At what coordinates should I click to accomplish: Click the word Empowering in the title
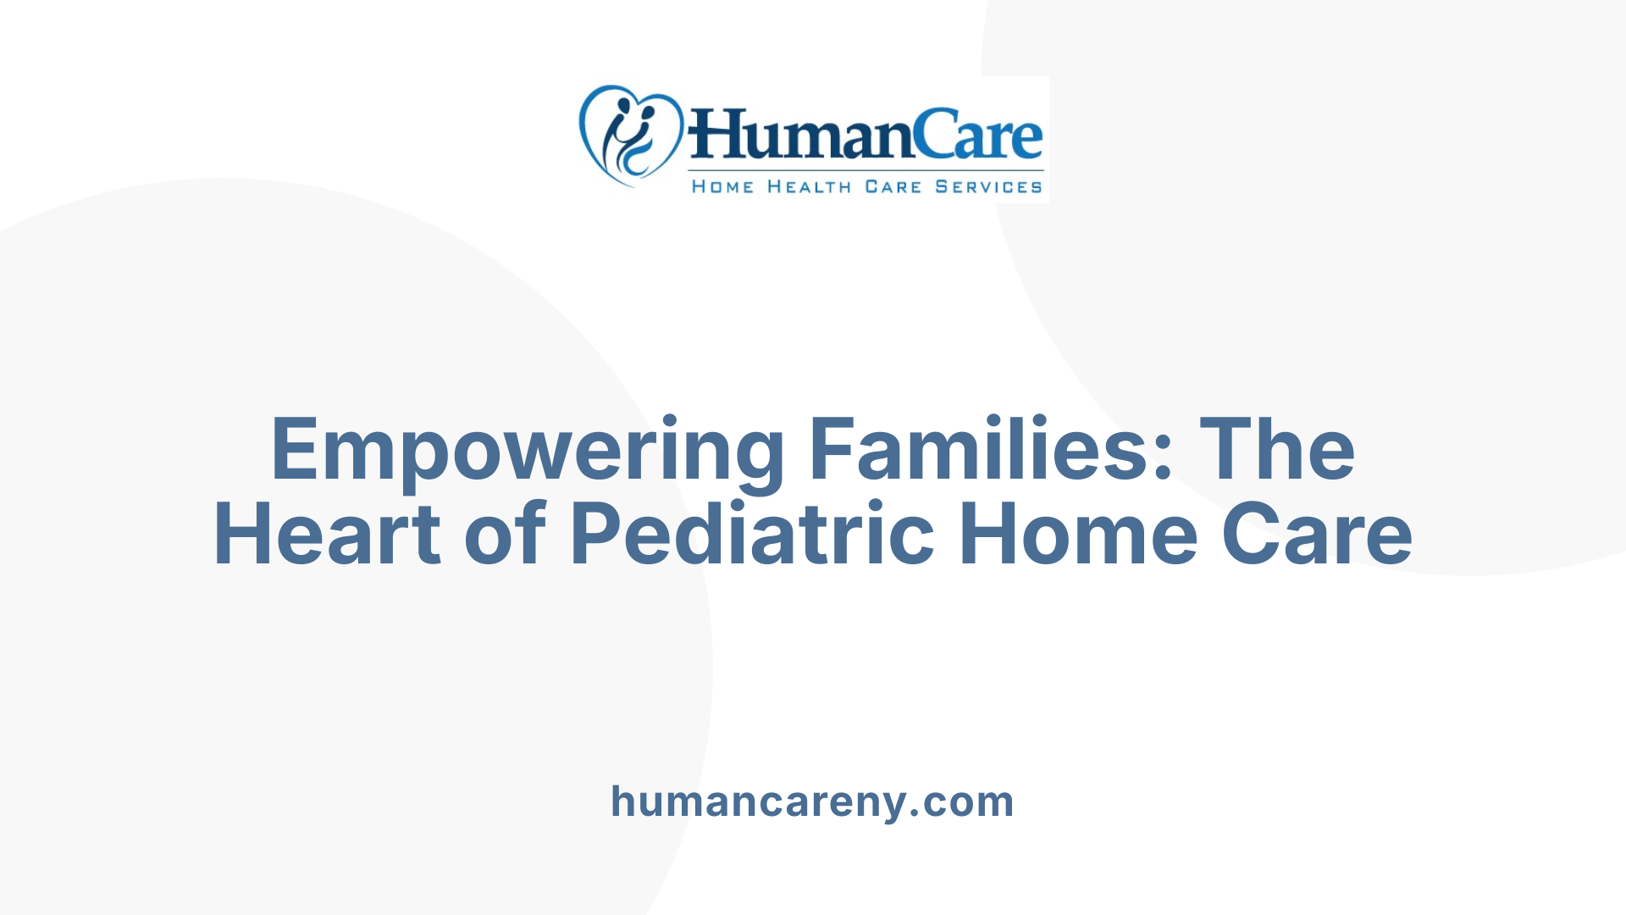pyautogui.click(x=528, y=451)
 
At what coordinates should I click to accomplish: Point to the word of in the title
pyautogui.click(x=505, y=534)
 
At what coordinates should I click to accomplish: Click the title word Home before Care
pyautogui.click(x=1078, y=534)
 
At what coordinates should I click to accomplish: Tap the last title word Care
pyautogui.click(x=1316, y=534)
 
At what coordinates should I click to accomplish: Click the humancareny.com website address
pyautogui.click(x=812, y=801)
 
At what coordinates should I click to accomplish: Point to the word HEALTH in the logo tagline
pyautogui.click(x=809, y=186)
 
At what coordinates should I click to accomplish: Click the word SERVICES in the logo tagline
pyautogui.click(x=988, y=186)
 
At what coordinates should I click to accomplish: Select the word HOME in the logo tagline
pyautogui.click(x=722, y=186)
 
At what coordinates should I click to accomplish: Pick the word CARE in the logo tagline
pyautogui.click(x=893, y=186)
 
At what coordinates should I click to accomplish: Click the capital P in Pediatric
pyautogui.click(x=596, y=534)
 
